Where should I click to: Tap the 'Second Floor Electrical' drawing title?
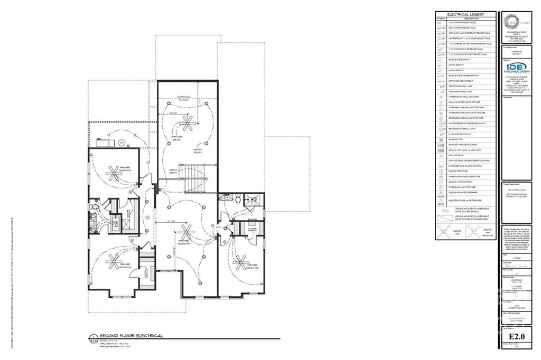coord(127,336)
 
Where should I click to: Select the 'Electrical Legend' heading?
coord(465,14)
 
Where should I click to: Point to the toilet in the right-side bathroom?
coord(238,200)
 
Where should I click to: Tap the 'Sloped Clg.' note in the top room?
coord(184,98)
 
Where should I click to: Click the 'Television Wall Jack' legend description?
coord(459,91)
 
